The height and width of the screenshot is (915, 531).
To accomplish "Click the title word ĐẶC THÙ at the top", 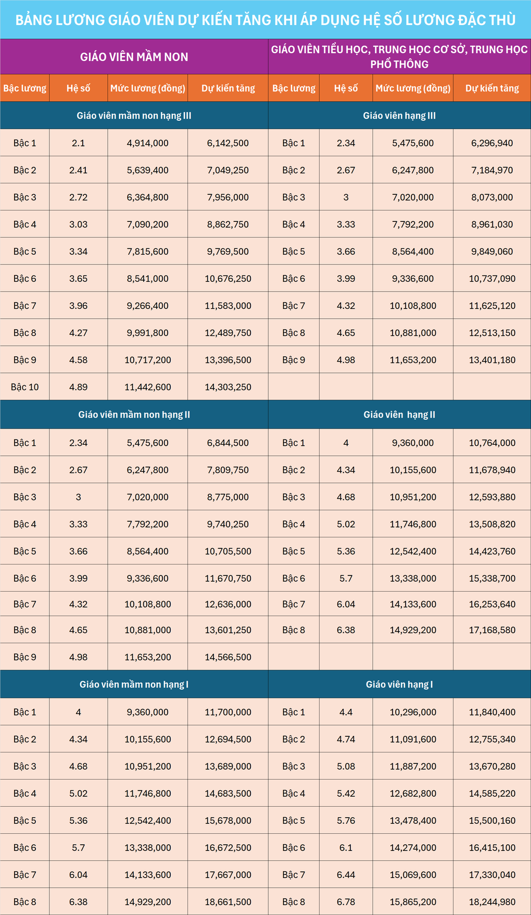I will tap(486, 20).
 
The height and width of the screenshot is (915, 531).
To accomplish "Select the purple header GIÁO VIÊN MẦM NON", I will tap(134, 57).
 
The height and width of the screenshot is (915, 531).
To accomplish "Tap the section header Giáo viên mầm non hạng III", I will tap(134, 116).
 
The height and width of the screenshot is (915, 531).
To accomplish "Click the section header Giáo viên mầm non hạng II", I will tap(134, 415).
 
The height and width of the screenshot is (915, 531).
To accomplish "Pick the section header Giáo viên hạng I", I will tap(399, 684).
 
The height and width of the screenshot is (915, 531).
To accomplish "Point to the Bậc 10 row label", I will tap(24, 387).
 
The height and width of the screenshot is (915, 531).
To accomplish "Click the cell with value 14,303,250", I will tap(228, 387).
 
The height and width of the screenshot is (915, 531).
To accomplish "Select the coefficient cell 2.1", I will tap(78, 143).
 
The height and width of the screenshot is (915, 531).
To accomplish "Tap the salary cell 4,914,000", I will tap(147, 143).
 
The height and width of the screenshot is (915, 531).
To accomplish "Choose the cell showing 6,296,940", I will tap(492, 143).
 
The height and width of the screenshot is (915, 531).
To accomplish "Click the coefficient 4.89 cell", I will tap(78, 387).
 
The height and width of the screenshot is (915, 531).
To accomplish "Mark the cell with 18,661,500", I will tap(228, 902).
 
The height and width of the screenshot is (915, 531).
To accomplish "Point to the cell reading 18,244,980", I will tap(492, 902).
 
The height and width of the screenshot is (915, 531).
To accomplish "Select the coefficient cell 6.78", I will tap(346, 902).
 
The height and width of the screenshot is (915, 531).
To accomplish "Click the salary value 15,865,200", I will tap(413, 902).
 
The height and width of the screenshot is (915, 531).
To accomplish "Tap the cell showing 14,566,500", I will tap(228, 657).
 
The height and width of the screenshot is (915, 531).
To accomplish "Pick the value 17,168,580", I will tap(492, 630).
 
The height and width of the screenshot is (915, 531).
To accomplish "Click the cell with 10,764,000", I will tap(492, 443).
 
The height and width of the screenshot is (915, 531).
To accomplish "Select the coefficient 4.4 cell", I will tap(346, 712).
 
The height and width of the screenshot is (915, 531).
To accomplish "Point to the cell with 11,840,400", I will tap(492, 712).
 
